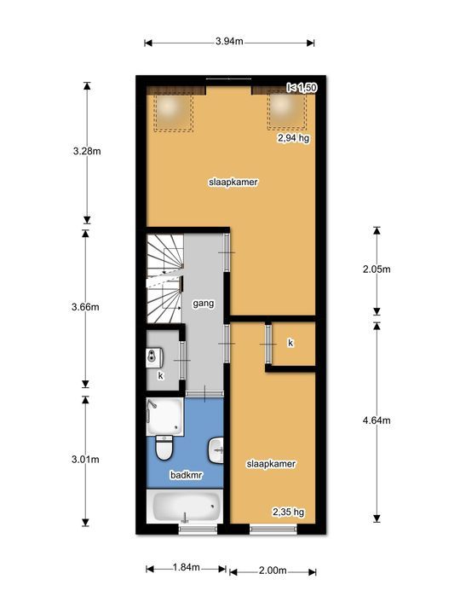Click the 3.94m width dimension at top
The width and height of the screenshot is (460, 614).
coord(230,41)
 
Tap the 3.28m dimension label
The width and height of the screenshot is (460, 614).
coord(85,153)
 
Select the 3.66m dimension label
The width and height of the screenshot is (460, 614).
coord(85,307)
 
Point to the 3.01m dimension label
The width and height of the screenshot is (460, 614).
coord(85,459)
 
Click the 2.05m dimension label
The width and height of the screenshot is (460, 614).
coord(376,269)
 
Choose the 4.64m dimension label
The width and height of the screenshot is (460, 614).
coord(376,420)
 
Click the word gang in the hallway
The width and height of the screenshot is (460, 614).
coord(203,303)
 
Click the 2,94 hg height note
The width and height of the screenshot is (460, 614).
coord(290,136)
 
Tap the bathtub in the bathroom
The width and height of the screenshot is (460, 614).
coord(185,508)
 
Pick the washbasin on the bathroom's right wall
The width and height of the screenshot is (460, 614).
coord(217,445)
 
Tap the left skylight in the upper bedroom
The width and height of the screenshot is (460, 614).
coord(173,109)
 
